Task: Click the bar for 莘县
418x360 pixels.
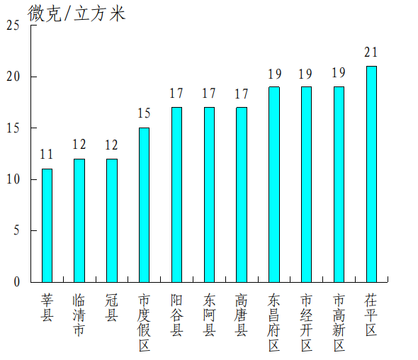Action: tap(47, 225)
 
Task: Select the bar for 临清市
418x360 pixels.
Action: tap(79, 220)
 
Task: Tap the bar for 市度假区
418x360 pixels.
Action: tap(144, 205)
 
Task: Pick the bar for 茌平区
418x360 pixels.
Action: tap(371, 174)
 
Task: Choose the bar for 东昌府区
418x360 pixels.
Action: tap(273, 184)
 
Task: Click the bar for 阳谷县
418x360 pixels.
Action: tap(176, 195)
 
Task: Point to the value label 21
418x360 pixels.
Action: tap(371, 52)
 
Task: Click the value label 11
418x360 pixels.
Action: tap(47, 155)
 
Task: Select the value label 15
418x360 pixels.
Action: tap(144, 113)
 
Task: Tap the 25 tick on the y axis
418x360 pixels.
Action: tap(13, 26)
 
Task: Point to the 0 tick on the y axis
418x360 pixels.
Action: tap(16, 282)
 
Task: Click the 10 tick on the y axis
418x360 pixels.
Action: tap(13, 179)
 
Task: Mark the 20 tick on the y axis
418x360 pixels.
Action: tap(13, 77)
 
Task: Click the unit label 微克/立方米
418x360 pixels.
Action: tap(77, 13)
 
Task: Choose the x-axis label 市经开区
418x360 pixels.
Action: tap(306, 322)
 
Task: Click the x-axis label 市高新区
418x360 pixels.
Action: tap(339, 322)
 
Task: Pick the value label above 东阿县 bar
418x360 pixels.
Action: tap(209, 93)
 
